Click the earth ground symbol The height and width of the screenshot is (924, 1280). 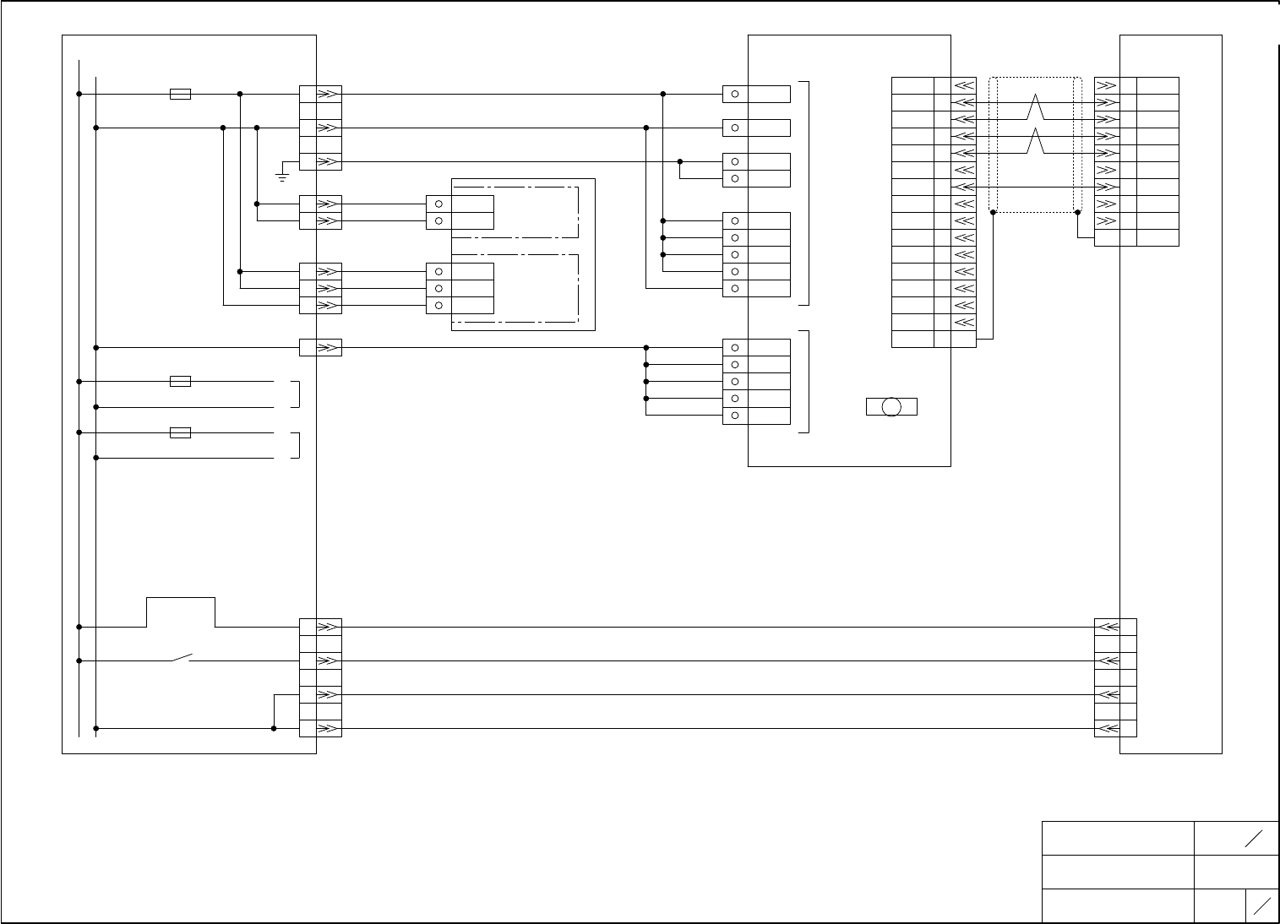point(282,176)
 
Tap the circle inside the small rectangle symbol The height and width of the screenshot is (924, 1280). point(891,407)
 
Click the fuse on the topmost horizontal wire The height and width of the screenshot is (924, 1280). point(180,94)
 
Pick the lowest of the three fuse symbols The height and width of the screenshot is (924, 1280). point(180,432)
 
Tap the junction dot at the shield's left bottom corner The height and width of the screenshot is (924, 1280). point(993,213)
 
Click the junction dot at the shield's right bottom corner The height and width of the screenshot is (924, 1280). point(1077,213)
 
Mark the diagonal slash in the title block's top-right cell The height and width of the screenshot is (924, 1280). point(1254,838)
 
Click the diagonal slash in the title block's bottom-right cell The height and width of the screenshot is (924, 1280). point(1262,905)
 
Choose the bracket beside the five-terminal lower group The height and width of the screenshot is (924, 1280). point(807,381)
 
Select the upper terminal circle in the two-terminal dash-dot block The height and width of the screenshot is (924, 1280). point(438,204)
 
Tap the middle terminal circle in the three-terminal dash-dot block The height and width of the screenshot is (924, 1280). point(438,288)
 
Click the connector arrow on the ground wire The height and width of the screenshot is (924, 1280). point(330,161)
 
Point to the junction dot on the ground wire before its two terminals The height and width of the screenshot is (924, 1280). point(680,161)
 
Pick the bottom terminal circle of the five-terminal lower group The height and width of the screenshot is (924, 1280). point(735,416)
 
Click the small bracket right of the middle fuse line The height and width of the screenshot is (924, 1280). point(297,394)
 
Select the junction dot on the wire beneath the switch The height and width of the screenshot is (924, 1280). point(274,728)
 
